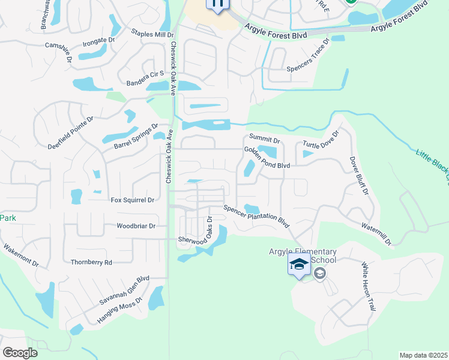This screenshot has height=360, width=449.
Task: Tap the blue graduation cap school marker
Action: (x=299, y=264)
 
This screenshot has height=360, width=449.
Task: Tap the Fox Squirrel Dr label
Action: (x=133, y=200)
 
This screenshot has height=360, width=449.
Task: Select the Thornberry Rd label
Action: (x=91, y=262)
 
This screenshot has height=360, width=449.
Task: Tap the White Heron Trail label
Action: (x=367, y=286)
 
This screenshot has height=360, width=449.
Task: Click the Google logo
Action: (x=20, y=353)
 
